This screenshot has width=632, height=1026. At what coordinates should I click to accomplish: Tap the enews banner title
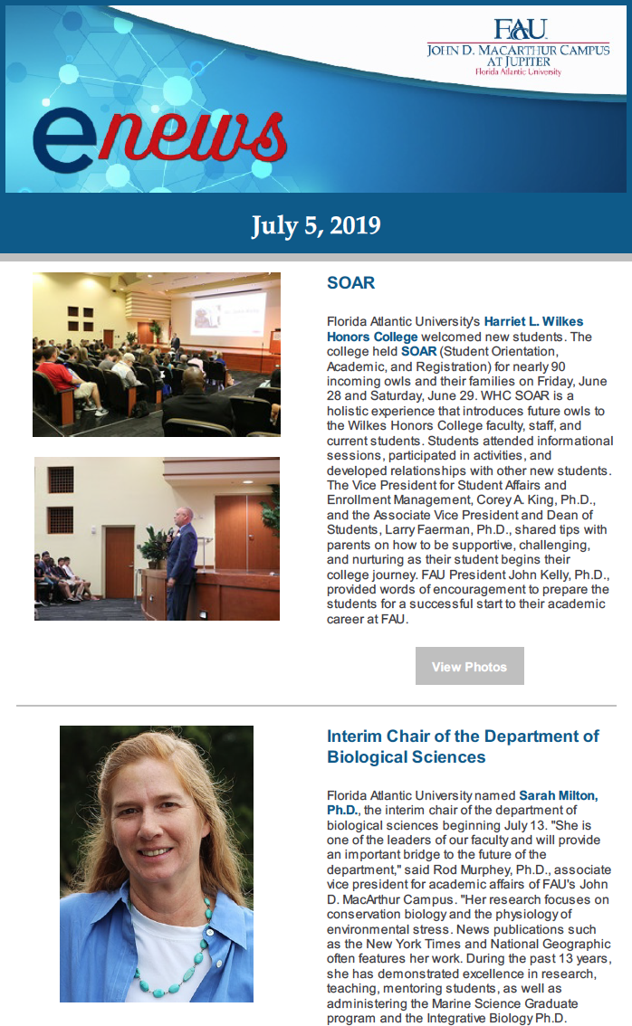point(159,133)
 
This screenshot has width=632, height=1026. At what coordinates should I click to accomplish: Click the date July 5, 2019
point(315,224)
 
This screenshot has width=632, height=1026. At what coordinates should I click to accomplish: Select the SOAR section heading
point(350,283)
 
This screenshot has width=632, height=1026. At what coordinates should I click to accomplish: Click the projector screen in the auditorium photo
point(227,313)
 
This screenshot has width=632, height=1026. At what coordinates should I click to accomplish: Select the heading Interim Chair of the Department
point(463,746)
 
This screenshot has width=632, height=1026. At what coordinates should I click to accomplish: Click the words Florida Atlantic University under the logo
point(518,71)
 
